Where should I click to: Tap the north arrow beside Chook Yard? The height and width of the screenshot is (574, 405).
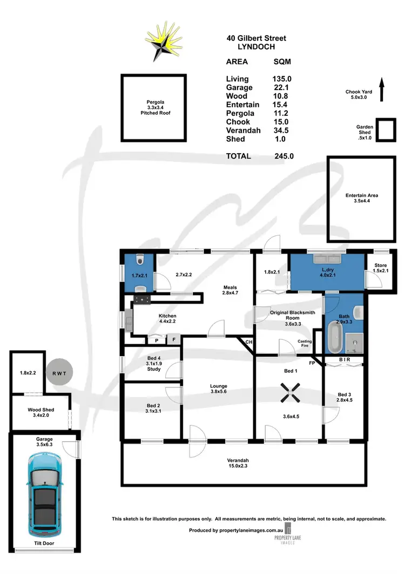click(382, 89)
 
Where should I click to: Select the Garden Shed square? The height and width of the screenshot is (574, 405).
click(385, 130)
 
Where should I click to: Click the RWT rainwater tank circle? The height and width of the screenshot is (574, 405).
click(59, 373)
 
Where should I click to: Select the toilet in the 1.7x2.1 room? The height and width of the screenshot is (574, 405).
click(140, 261)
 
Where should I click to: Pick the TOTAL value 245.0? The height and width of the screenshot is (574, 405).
click(283, 156)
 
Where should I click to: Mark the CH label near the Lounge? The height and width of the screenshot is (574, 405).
click(249, 342)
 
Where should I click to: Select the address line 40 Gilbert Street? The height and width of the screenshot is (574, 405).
click(256, 38)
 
